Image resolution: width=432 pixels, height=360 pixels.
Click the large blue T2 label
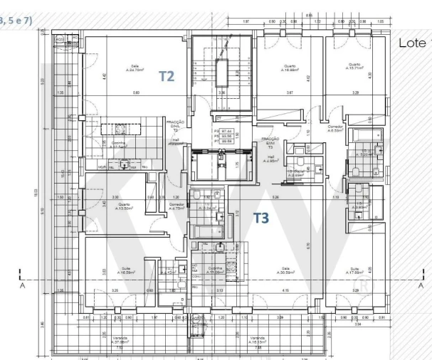pyautogui.click(x=165, y=76)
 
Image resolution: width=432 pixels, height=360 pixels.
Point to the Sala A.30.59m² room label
pyautogui.click(x=287, y=270)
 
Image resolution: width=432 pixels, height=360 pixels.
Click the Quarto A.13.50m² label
pyautogui.click(x=105, y=208)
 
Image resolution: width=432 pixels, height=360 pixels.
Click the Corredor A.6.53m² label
pyautogui.click(x=336, y=129)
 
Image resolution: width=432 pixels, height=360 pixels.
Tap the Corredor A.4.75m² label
pyautogui.click(x=177, y=208)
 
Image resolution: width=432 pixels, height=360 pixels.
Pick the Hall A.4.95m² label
pyautogui.click(x=269, y=160)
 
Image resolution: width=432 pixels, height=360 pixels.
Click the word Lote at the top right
pyautogui.click(x=412, y=43)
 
